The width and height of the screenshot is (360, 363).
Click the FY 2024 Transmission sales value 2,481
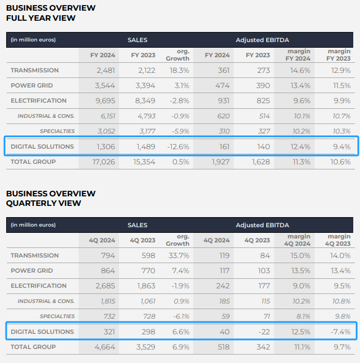(105, 70)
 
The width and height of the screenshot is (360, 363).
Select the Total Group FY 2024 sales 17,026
(103, 162)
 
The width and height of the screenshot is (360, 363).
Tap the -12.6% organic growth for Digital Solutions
(177, 146)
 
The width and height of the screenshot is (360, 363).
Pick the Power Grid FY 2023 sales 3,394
(143, 85)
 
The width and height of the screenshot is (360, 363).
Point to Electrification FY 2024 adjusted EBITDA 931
(223, 100)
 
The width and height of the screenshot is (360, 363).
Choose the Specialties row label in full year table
(57, 131)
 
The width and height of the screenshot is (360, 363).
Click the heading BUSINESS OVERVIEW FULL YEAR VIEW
(51, 13)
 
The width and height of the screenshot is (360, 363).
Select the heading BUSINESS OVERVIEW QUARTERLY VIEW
(51, 198)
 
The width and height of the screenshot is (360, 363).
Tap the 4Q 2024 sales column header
(103, 240)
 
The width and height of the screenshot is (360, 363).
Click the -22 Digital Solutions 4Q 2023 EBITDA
(264, 332)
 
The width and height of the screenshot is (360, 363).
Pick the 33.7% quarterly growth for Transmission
(177, 255)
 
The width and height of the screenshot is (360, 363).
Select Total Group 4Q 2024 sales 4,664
(104, 347)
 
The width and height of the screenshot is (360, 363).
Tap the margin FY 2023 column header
(339, 55)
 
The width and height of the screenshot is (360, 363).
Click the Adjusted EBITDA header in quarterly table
(262, 225)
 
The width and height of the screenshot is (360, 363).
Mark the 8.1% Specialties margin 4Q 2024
(301, 316)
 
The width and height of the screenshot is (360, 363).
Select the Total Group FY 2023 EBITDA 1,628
(258, 162)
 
